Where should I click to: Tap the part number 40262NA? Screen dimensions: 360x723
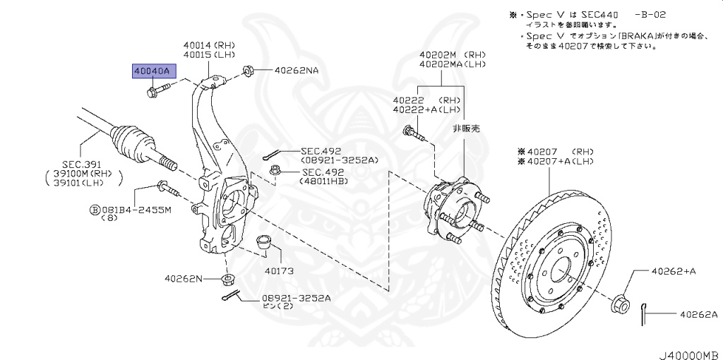pos(297,70)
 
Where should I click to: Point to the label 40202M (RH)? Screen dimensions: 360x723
pos(452,54)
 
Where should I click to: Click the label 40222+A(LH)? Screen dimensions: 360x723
pos(426,109)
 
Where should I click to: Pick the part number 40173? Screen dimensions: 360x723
pos(279,270)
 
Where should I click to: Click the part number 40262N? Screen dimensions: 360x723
pos(184,279)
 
